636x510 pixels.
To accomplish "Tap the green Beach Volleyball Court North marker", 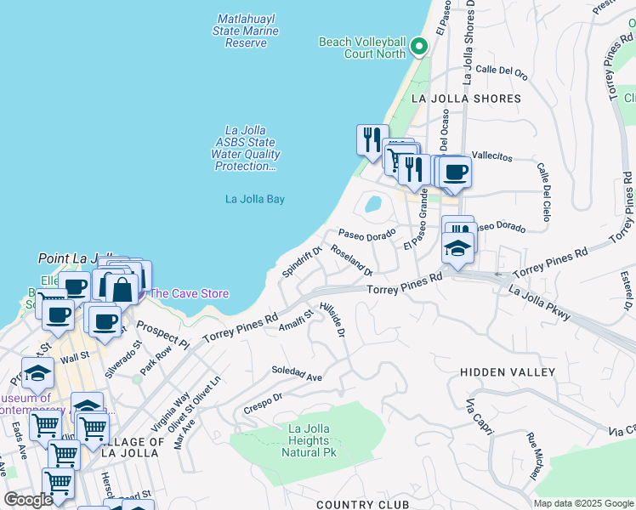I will (417, 47).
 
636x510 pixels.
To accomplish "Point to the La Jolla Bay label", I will (254, 199).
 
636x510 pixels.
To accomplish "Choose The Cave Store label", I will (190, 294).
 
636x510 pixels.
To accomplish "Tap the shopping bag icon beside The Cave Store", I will (122, 289).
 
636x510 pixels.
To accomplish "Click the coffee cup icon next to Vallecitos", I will (455, 173).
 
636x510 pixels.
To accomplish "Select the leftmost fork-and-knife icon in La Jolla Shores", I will (372, 140).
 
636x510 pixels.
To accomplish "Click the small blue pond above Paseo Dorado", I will (372, 204).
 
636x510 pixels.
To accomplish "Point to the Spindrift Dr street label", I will (301, 261).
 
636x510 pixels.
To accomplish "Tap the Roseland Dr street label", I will (352, 261).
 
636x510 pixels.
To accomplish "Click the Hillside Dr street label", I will (332, 320).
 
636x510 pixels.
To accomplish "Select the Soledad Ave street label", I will (297, 373).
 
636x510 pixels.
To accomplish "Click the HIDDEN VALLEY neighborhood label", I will (507, 372).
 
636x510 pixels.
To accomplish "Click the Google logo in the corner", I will (29, 500).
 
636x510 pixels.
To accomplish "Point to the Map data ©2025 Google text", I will (582, 503).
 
